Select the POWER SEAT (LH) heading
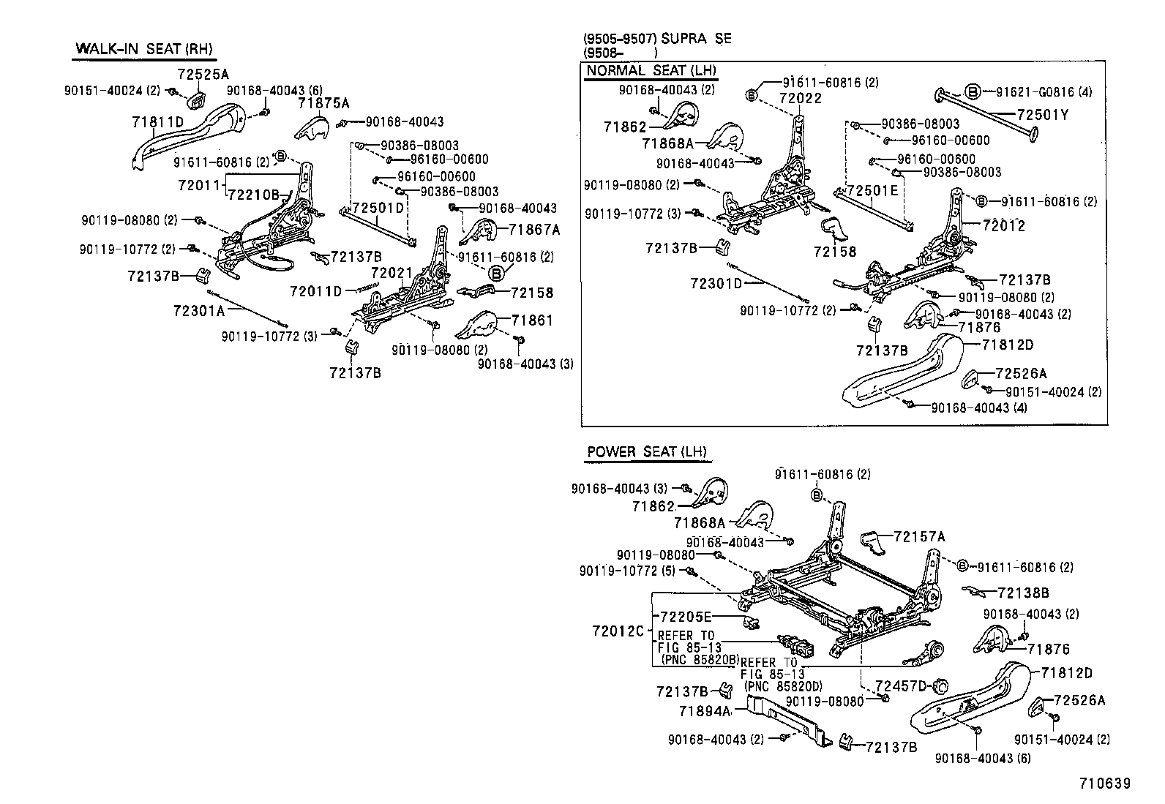point(647,451)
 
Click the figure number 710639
point(1104,783)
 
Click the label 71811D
point(157,122)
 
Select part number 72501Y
point(1042,115)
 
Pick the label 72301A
point(198,310)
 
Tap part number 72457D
point(901,685)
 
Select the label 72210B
point(253,195)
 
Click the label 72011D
point(315,291)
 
